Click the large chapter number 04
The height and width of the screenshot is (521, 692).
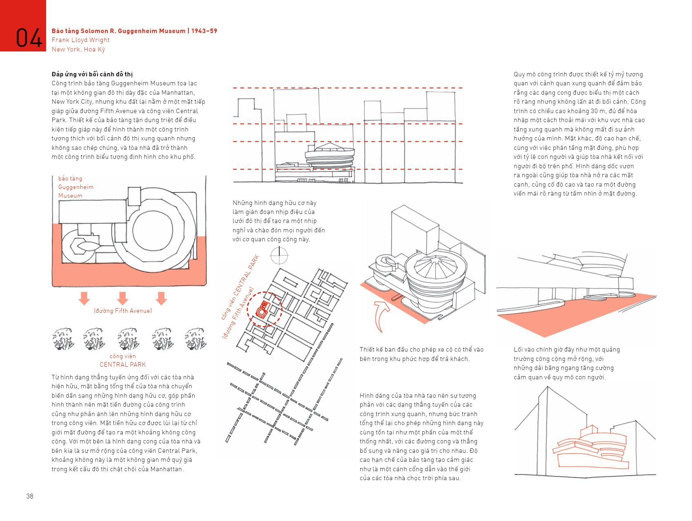coord(29,38)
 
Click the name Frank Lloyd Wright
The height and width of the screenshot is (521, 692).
coord(80,40)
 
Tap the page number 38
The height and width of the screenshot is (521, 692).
coord(30,496)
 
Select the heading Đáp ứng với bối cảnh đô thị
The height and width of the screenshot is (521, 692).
coord(92,74)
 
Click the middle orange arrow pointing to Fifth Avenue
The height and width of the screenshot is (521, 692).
coord(122,298)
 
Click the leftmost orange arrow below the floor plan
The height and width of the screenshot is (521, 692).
coord(84,298)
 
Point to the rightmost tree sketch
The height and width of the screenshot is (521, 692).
coord(195,338)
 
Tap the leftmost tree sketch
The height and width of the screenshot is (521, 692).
coord(63,338)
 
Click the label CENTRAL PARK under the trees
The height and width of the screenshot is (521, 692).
coord(123,365)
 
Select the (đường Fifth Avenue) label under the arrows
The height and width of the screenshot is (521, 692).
coord(123,311)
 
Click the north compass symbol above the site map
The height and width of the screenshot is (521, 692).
coord(279,256)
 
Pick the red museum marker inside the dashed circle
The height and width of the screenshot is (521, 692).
coord(262,310)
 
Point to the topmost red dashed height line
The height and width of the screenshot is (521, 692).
coord(347,88)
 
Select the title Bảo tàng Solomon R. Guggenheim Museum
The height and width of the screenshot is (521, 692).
coord(118,31)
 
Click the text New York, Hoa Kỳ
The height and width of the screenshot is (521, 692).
coord(78,49)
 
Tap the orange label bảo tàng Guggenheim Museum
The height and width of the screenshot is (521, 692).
coord(76,187)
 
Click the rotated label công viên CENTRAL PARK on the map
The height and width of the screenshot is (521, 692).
coord(240,287)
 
